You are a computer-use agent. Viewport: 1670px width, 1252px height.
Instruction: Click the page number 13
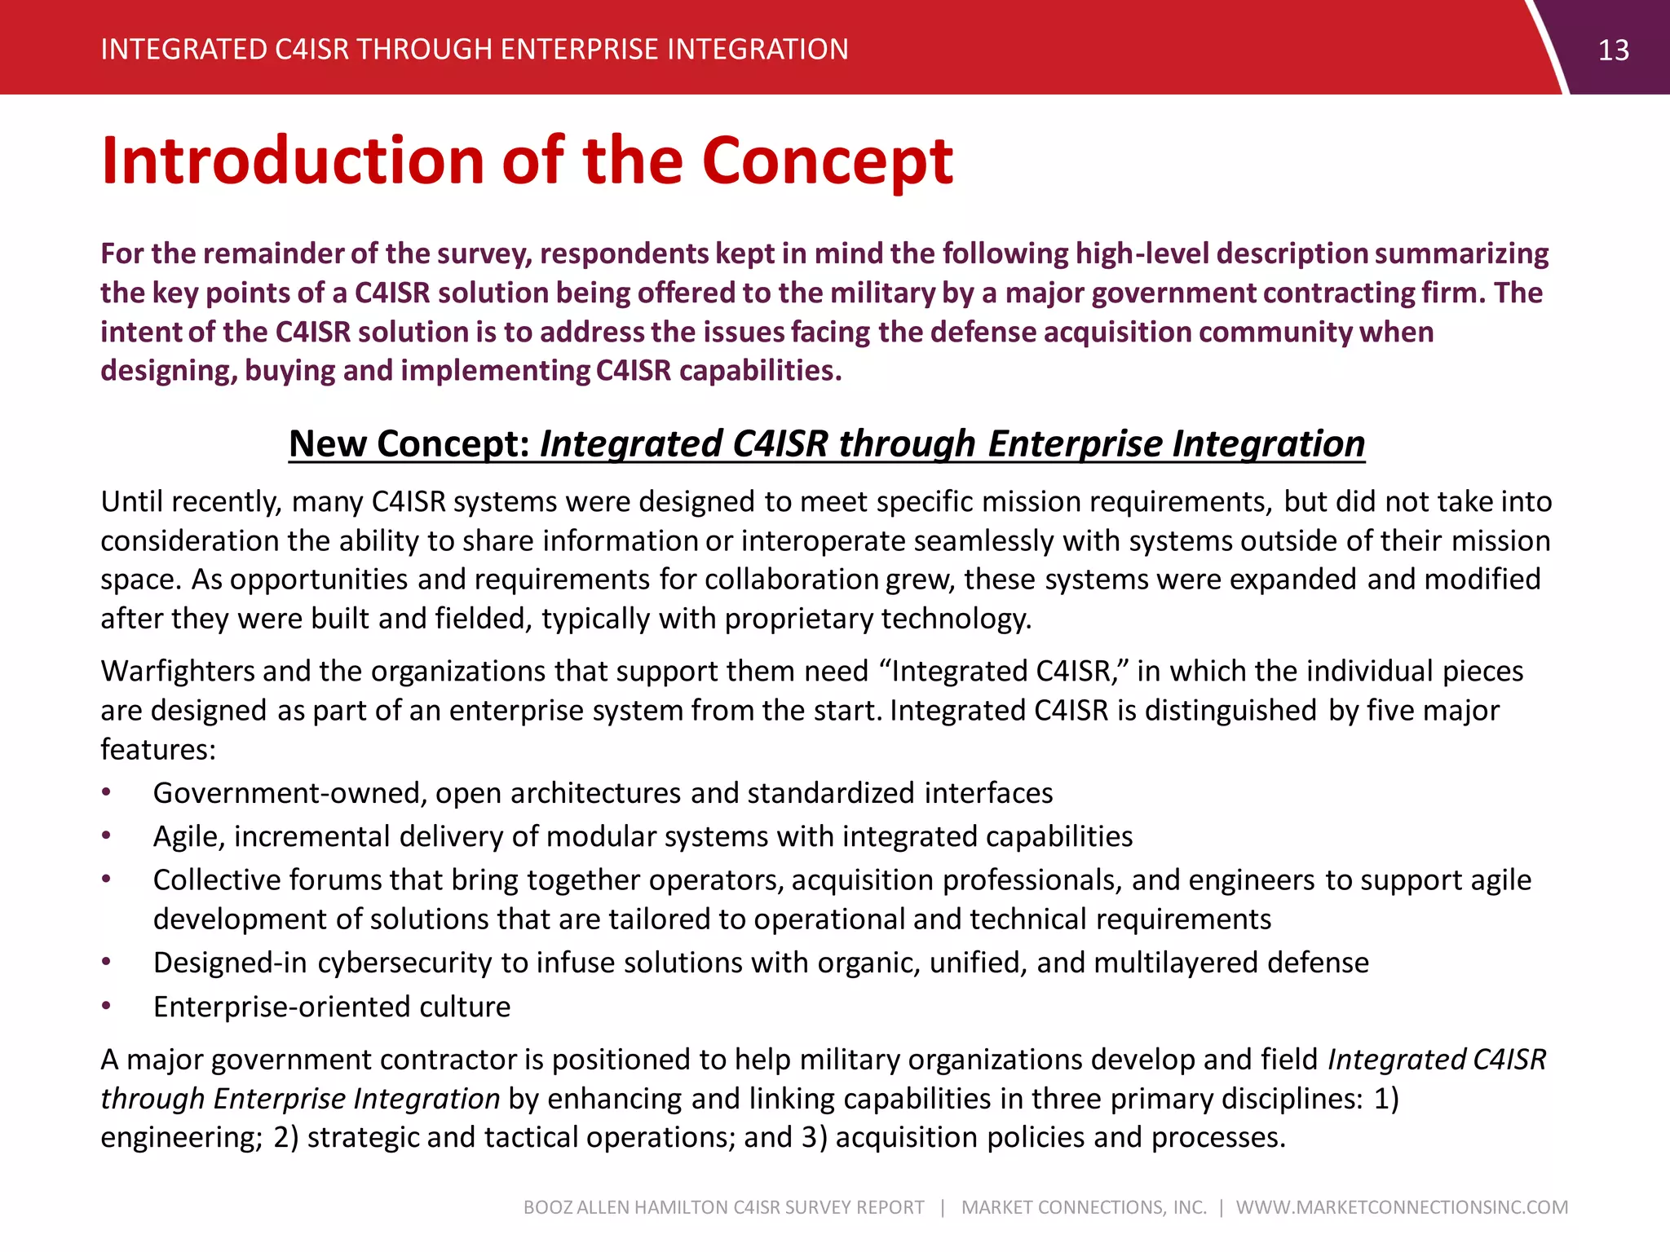pos(1613,51)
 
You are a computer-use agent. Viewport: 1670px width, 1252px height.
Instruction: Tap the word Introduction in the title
pos(294,161)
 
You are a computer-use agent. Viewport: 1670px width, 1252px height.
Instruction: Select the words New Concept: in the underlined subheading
pos(409,444)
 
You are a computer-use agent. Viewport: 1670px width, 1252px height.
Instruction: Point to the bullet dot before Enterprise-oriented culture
pos(106,1006)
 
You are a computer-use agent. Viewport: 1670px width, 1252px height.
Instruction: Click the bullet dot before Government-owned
pos(106,792)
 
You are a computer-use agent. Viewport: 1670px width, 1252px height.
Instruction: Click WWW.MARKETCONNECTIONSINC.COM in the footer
pos(1402,1207)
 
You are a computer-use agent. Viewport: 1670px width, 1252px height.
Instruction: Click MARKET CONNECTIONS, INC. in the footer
pos(1084,1207)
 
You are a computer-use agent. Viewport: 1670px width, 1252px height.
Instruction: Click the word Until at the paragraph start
pos(130,501)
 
